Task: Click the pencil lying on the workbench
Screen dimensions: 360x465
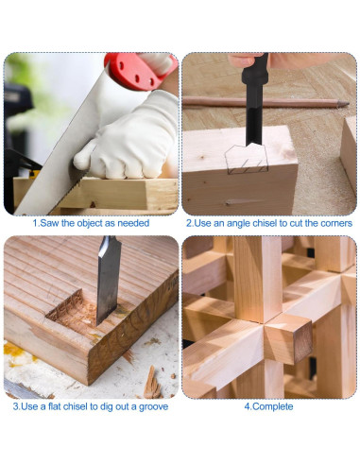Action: pyautogui.click(x=266, y=102)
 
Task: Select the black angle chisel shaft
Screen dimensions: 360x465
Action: pyautogui.click(x=254, y=104)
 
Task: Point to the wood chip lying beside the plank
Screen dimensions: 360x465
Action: pyautogui.click(x=152, y=383)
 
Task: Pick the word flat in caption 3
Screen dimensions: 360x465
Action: pyautogui.click(x=55, y=406)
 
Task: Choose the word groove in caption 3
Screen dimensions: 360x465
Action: pyautogui.click(x=153, y=406)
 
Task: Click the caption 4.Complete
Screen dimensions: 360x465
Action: pyautogui.click(x=268, y=406)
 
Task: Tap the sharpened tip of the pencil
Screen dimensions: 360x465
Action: pyautogui.click(x=348, y=103)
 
